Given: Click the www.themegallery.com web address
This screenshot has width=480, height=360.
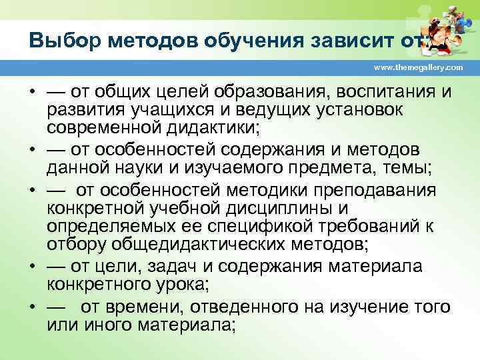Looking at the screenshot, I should click(419, 68).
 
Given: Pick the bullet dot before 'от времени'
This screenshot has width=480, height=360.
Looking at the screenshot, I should click(33, 309).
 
